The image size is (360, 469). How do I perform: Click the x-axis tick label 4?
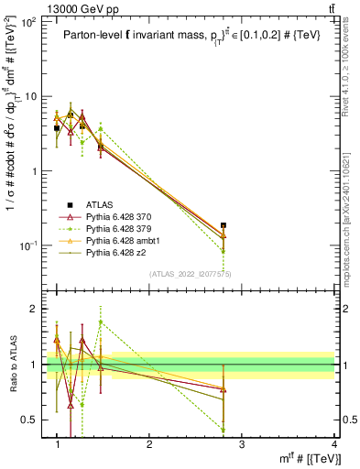pos(335,445)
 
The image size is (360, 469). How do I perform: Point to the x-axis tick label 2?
pos(149,445)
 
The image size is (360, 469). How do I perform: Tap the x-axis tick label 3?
pos(242,445)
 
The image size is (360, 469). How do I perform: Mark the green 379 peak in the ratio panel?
pos(101,322)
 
